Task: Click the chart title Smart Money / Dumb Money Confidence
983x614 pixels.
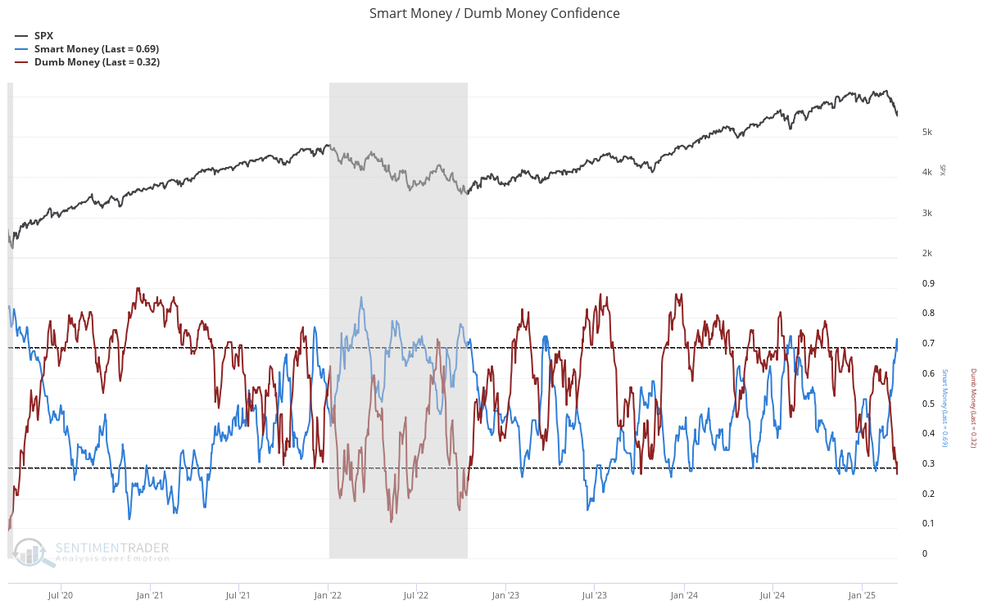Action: tap(494, 13)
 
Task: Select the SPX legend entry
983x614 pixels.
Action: tap(43, 36)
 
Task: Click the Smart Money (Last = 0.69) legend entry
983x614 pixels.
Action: tap(96, 49)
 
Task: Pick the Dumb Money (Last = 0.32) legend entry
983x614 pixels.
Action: tap(96, 62)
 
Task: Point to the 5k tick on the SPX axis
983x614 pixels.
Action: tap(927, 133)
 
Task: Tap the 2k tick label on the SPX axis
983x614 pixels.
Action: tap(927, 254)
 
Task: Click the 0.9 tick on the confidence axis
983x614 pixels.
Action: tap(929, 284)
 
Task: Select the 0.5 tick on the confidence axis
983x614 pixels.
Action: tap(929, 404)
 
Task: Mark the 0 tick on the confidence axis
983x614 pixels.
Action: tap(925, 554)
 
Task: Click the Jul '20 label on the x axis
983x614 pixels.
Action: tap(61, 595)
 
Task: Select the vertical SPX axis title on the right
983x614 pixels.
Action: tap(942, 170)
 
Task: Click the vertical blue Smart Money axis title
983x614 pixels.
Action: tap(944, 408)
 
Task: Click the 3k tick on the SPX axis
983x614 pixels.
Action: tap(927, 214)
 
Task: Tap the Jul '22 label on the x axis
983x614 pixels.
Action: tap(416, 595)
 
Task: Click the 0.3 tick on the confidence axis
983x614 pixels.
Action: tap(929, 464)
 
